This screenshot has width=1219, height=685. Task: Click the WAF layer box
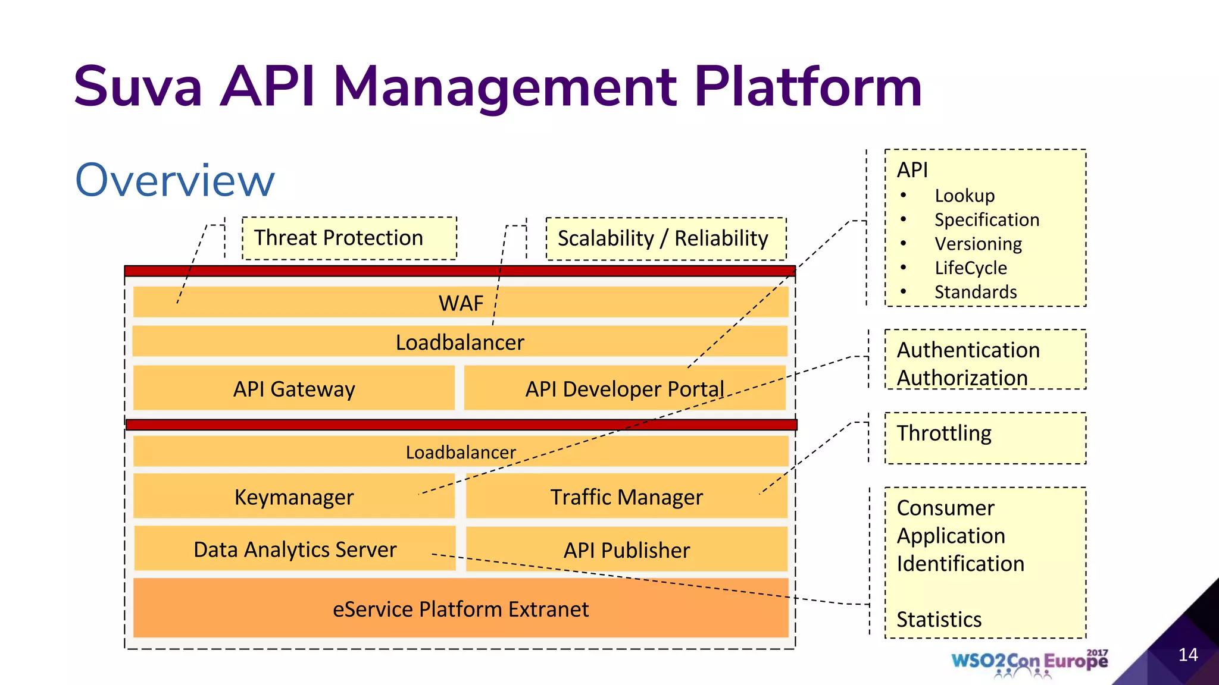(461, 303)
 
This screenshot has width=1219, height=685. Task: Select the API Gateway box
(294, 388)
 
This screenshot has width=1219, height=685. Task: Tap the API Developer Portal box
(624, 388)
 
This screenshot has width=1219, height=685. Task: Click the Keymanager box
(294, 497)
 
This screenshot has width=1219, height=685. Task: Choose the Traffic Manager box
(626, 497)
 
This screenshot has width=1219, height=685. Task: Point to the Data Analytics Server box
(295, 549)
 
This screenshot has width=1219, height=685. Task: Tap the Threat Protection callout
(349, 238)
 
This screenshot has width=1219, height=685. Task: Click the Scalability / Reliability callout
(665, 238)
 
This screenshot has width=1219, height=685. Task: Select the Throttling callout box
(985, 438)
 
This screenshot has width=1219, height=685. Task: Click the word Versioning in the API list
(978, 244)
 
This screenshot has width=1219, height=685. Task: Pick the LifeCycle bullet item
(970, 268)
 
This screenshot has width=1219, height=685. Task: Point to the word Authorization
(962, 378)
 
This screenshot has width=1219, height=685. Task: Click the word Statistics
(939, 619)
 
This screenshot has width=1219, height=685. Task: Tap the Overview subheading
(175, 180)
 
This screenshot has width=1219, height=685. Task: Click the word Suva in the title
(138, 87)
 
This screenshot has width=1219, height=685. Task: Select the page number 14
(1187, 655)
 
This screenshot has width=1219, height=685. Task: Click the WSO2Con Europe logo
(1029, 662)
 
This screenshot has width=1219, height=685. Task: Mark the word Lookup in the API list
(964, 196)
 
